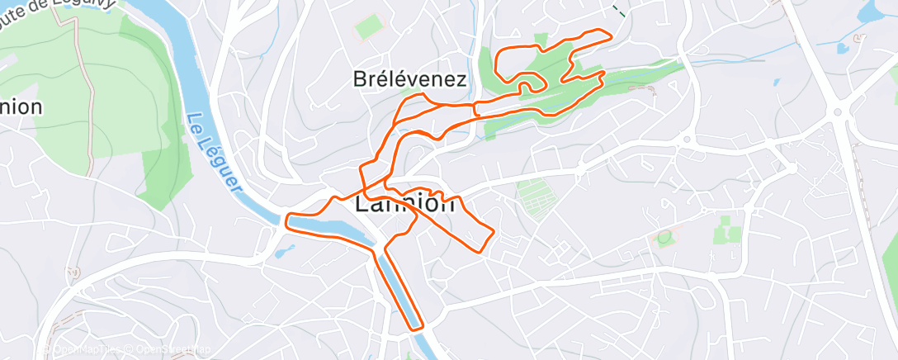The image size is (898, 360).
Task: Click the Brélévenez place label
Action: pos(410,79)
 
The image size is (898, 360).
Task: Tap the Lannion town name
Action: pos(404,203)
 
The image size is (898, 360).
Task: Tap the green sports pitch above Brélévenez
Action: pos(368,28)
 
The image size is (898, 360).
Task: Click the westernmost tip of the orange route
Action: pos(287,220)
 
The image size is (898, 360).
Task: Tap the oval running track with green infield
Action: pos(665,238)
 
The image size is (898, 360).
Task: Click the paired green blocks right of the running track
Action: pos(727,230)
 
